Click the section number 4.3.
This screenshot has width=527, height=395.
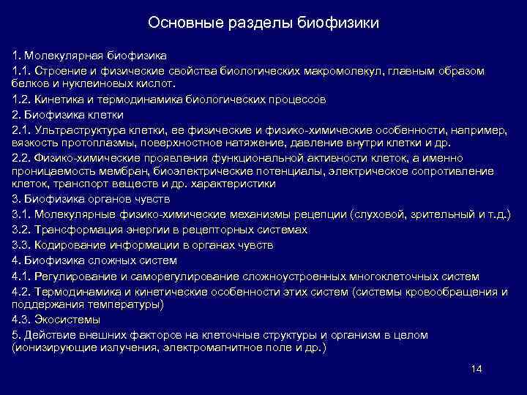(20, 320)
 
